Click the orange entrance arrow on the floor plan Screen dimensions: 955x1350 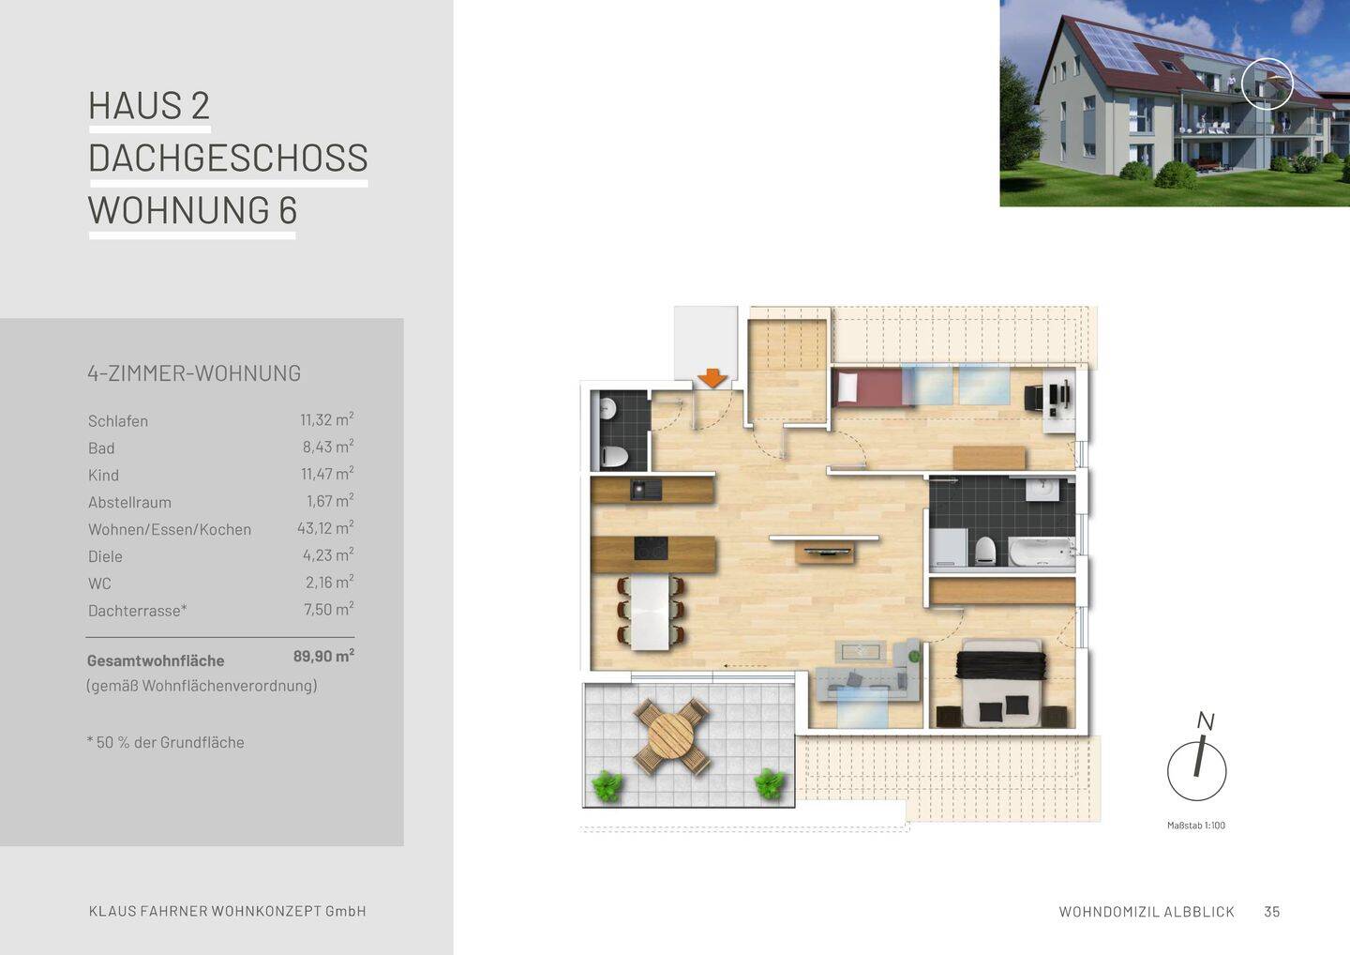coord(712,378)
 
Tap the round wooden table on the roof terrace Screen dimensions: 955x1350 coord(670,736)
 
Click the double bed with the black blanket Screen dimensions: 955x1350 coord(1000,683)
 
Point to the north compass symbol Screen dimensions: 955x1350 coord(1197,767)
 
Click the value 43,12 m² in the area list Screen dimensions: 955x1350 coord(324,528)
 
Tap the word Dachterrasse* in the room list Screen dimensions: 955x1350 coord(138,611)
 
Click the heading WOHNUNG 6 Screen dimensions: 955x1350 coord(192,210)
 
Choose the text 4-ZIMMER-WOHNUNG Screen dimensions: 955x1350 coord(194,373)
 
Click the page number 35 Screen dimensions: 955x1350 coord(1271,912)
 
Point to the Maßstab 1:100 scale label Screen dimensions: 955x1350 coord(1195,826)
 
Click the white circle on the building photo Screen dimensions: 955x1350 coord(1267,83)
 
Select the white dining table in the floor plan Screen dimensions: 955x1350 coord(651,612)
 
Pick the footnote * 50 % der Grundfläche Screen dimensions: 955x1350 coord(166,742)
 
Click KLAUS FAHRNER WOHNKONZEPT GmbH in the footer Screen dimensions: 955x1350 coord(227,911)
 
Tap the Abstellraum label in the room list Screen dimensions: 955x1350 coord(129,502)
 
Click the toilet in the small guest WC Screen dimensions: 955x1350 coord(614,457)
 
